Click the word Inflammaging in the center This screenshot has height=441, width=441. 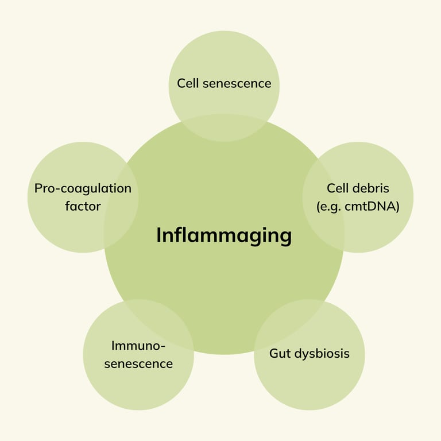pyautogui.click(x=224, y=235)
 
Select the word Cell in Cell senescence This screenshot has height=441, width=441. pyautogui.click(x=188, y=83)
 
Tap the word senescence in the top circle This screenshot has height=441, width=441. pyautogui.click(x=237, y=84)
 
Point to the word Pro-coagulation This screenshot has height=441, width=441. pyautogui.click(x=83, y=189)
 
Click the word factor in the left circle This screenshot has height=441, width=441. pyautogui.click(x=83, y=206)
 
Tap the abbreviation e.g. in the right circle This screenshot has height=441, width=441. pyautogui.click(x=331, y=207)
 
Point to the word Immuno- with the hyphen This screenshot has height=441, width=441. pyautogui.click(x=138, y=346)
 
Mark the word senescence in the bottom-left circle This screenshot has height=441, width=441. pyautogui.click(x=138, y=364)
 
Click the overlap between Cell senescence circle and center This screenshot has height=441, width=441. pyautogui.click(x=224, y=128)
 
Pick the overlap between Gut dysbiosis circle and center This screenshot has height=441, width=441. pyautogui.click(x=292, y=323)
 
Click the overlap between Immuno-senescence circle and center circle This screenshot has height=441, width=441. pyautogui.click(x=157, y=324)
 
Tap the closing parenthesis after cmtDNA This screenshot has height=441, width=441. pyautogui.click(x=397, y=207)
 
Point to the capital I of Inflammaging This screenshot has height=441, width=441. pyautogui.click(x=158, y=235)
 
